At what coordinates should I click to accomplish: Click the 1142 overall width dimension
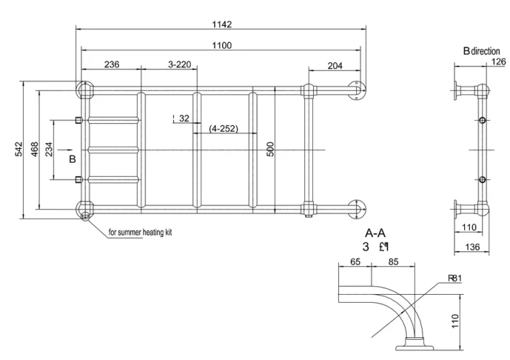click(221, 24)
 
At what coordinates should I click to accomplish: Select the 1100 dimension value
click(221, 44)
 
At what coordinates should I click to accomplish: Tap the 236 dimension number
click(112, 64)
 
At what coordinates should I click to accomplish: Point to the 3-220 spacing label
click(180, 64)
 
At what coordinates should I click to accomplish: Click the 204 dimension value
click(335, 65)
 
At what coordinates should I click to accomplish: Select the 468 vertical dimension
click(34, 149)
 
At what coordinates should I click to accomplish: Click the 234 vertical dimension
click(48, 149)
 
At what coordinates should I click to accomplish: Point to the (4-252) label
click(223, 129)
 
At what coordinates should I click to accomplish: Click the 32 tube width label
click(184, 118)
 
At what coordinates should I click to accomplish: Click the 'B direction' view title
click(481, 51)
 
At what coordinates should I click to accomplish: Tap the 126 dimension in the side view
click(497, 61)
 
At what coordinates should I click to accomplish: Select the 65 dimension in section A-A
click(355, 262)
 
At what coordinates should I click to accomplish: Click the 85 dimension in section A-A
click(393, 262)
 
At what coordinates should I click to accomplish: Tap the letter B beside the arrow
click(72, 159)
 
